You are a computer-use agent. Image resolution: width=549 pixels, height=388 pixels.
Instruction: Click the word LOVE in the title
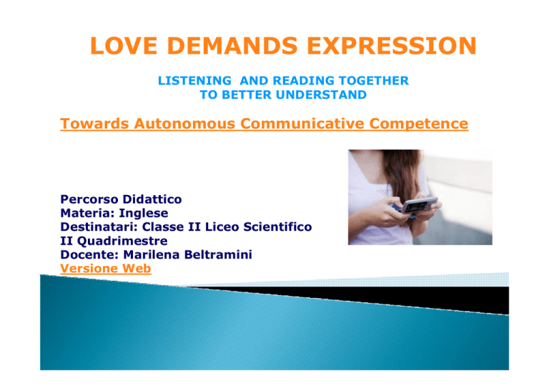124,46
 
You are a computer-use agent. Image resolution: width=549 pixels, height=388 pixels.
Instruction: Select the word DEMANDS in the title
232,46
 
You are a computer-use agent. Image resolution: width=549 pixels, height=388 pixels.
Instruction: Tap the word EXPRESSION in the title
392,46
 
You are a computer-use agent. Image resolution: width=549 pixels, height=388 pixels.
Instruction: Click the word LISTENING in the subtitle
194,81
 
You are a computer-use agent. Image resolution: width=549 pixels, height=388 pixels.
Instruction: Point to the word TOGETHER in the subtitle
374,81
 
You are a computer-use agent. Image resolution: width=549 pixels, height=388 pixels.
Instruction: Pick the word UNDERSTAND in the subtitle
321,95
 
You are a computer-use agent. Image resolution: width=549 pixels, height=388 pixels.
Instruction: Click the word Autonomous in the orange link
184,124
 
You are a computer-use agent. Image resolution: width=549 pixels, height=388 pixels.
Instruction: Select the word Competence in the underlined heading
419,124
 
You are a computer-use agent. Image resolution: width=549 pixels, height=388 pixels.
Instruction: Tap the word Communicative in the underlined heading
302,124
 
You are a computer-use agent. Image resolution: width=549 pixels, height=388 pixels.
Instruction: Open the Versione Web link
105,269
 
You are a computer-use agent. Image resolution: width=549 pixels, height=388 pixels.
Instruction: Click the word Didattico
152,199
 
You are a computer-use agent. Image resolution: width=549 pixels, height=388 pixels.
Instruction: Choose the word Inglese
143,214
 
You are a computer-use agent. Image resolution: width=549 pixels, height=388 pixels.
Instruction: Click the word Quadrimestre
122,241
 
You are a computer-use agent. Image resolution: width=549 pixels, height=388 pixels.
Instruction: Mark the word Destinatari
99,227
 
